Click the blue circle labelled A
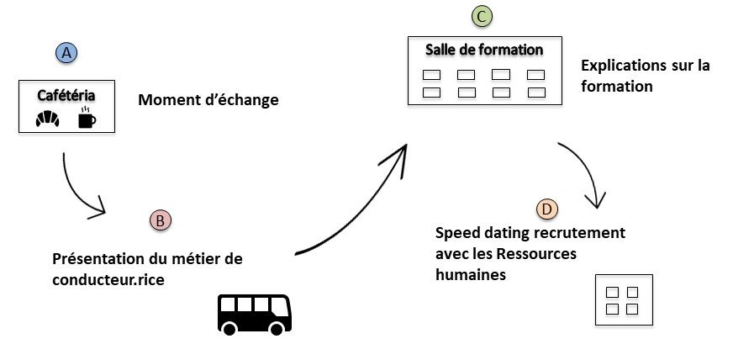point(66,53)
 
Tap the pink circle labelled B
point(160,220)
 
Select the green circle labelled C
point(482,16)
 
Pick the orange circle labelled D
point(546,209)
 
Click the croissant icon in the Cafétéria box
point(48,119)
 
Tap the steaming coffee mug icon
point(87,118)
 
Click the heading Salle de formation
point(483,50)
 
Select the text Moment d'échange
point(208,102)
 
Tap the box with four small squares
point(622,300)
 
